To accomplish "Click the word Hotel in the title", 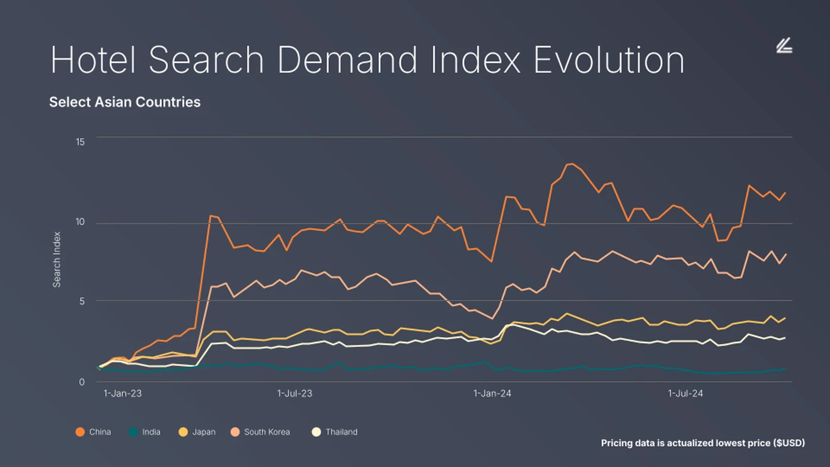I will coord(93,59).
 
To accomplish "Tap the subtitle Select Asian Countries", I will coord(124,102).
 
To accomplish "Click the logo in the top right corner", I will coord(784,46).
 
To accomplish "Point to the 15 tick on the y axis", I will coord(80,142).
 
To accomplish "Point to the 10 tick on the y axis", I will coord(80,222).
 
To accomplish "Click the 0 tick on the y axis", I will coord(82,382).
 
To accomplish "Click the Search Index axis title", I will coord(57,259).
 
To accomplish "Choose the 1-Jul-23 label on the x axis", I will coord(295,393).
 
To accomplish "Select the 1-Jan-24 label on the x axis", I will coord(491,393).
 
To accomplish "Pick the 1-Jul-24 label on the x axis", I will coord(686,393).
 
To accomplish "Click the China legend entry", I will coord(94,432).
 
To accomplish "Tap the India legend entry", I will coord(145,432).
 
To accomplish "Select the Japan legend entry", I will coord(197,432).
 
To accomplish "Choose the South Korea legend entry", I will coord(260,432).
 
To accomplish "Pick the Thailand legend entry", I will coord(335,432).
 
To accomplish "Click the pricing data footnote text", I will coord(703,443).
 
